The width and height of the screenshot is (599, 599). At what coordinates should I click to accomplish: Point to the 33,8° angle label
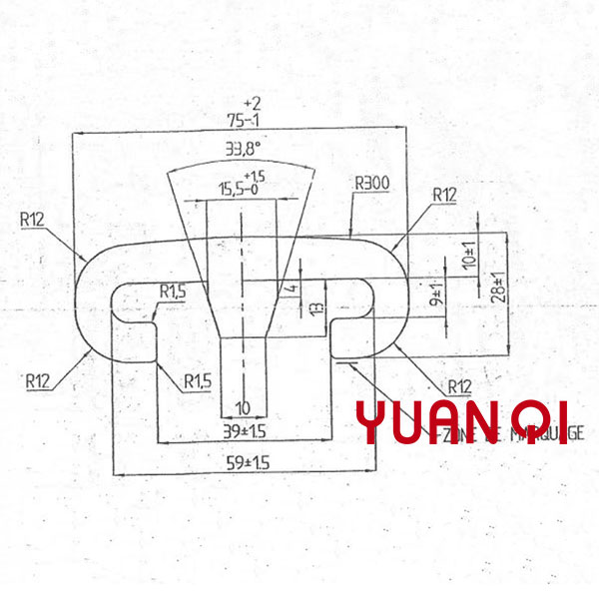[x=243, y=152]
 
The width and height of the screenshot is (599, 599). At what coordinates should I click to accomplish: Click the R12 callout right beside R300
[x=444, y=195]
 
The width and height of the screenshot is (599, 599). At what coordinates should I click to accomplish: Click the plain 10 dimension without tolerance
[x=243, y=407]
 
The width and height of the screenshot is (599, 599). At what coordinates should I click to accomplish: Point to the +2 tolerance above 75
[x=254, y=103]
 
